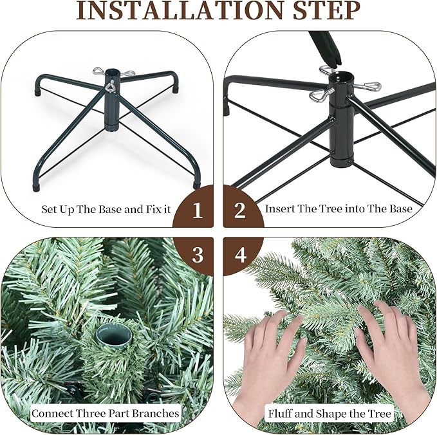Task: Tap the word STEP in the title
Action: (x=326, y=11)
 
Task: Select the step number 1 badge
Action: (x=198, y=210)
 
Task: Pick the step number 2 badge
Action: (x=240, y=210)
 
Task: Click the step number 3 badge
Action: (x=198, y=254)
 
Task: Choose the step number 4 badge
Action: (x=240, y=254)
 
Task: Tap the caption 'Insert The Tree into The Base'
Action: (x=339, y=209)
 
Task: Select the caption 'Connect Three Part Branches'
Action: (x=105, y=413)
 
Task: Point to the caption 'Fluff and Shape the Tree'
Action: (x=330, y=413)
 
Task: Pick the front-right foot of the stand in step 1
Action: (x=197, y=184)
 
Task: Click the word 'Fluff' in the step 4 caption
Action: (x=282, y=413)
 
